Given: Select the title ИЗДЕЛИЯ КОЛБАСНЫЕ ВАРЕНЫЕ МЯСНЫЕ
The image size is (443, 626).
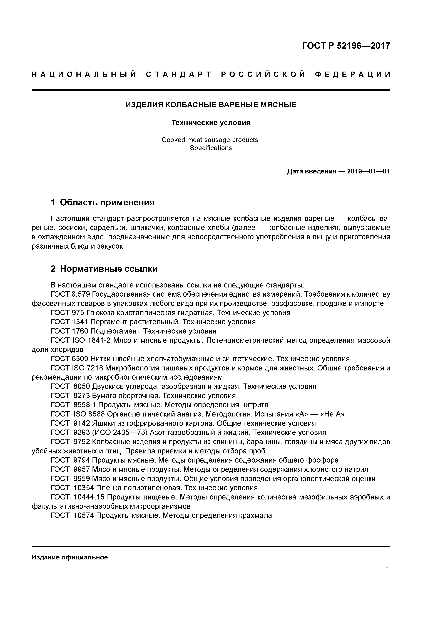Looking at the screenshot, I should pyautogui.click(x=211, y=105).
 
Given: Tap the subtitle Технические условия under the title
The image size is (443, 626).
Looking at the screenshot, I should pyautogui.click(x=211, y=123).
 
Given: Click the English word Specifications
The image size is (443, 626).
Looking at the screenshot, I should pyautogui.click(x=211, y=148).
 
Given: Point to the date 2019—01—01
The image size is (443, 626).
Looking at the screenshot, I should pyautogui.click(x=369, y=171).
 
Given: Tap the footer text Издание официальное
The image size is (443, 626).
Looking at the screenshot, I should pyautogui.click(x=70, y=557).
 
